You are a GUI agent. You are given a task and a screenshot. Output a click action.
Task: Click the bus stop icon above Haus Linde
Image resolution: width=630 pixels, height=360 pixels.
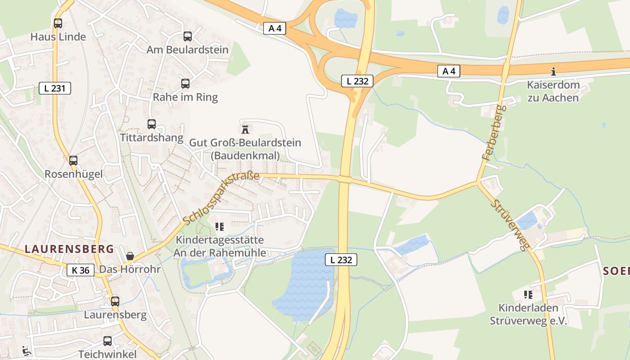pyautogui.click(x=58, y=23)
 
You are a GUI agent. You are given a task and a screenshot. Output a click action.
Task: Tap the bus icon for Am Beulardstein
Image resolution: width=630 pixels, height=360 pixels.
pyautogui.click(x=188, y=36)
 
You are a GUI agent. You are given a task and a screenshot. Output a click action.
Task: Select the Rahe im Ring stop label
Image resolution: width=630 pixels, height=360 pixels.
pyautogui.click(x=185, y=97)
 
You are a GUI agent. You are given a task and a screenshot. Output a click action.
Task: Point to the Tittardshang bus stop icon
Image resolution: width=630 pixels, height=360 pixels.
pyautogui.click(x=152, y=124)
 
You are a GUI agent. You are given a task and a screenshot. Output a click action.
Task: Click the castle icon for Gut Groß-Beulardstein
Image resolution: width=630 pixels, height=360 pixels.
pyautogui.click(x=245, y=129)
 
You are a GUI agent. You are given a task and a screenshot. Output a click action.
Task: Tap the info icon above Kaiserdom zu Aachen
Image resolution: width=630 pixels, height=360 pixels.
pyautogui.click(x=553, y=71)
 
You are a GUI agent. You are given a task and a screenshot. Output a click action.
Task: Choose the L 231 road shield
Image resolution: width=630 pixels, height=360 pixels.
pyautogui.click(x=55, y=88)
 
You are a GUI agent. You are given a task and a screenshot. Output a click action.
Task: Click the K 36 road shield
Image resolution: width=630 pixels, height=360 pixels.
pyautogui.click(x=81, y=270)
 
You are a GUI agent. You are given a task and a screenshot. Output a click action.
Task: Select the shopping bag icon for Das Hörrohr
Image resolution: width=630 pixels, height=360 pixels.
pyautogui.click(x=130, y=256)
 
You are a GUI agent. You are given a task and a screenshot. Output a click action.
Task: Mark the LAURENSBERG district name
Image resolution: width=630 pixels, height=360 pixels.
pyautogui.click(x=69, y=249)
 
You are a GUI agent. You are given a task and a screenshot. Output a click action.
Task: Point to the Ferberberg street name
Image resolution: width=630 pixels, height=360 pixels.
pyautogui.click(x=494, y=133)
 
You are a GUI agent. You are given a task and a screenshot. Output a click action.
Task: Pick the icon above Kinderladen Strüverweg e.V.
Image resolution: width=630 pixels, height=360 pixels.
pyautogui.click(x=528, y=295)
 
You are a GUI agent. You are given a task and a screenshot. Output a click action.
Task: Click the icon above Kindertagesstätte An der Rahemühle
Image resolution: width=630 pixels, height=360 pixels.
pyautogui.click(x=220, y=226)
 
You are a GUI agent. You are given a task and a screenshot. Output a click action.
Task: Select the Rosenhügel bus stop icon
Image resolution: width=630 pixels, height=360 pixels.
pyautogui.click(x=73, y=160)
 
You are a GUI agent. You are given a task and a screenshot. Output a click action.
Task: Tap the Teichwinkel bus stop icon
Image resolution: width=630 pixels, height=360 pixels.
pyautogui.click(x=107, y=341)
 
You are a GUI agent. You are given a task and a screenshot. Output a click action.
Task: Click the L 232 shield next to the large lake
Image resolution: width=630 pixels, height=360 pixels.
pyautogui.click(x=341, y=260)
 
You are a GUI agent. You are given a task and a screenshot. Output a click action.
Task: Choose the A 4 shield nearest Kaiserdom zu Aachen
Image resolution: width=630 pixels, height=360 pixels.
pyautogui.click(x=449, y=71)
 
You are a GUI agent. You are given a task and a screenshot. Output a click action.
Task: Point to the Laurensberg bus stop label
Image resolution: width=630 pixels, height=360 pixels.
pyautogui.click(x=115, y=315)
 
